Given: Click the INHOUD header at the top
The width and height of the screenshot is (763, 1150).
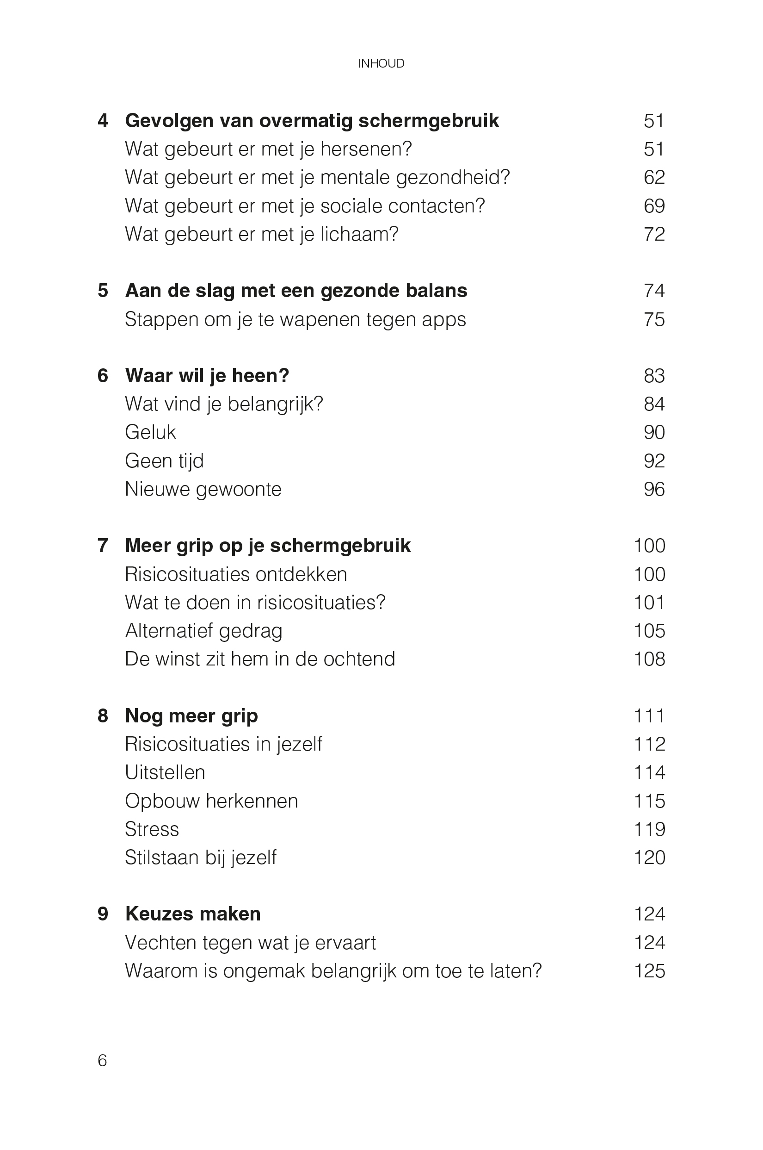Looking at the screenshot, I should click(381, 63).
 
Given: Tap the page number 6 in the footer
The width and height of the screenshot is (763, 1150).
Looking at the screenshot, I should click(102, 1060).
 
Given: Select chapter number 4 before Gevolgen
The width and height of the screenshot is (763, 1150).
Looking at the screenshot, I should click(103, 121).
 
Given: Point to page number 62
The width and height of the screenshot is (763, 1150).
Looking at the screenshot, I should click(653, 177).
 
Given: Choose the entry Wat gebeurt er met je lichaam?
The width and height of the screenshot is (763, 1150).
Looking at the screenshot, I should click(261, 234).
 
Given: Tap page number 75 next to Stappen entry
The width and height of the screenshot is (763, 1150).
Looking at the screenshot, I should click(653, 319).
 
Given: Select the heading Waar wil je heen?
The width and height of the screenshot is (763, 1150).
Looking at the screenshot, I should click(207, 375).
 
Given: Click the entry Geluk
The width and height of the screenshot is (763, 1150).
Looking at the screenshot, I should click(150, 432).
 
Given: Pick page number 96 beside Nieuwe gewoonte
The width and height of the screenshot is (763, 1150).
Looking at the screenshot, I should click(653, 489).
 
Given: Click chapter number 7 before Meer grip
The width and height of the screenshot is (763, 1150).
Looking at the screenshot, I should click(103, 546).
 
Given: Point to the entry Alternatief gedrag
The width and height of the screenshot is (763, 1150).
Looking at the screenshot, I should click(203, 631).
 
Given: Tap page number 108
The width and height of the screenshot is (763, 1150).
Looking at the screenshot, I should click(649, 659).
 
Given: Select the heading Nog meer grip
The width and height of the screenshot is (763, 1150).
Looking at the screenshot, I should click(191, 716).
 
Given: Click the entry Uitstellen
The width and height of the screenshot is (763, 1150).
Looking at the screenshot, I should click(165, 773).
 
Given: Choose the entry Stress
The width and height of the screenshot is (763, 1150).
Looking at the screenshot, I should click(152, 829).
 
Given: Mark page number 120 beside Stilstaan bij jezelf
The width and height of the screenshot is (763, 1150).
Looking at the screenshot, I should click(649, 858).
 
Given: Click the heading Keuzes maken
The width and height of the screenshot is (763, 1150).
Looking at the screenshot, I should click(193, 914).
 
